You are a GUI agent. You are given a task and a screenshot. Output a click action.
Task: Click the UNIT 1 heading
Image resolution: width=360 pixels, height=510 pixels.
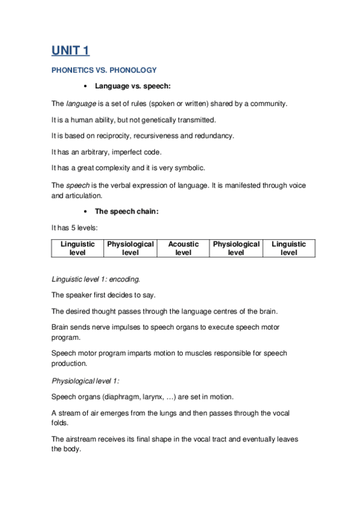70,51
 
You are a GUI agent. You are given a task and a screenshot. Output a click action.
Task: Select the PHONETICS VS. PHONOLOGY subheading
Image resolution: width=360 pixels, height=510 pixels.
104,70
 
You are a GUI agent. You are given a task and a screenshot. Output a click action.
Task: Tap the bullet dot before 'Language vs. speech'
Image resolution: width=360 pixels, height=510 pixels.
88,87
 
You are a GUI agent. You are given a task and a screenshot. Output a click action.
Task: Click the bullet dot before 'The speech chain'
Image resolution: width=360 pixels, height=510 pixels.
88,212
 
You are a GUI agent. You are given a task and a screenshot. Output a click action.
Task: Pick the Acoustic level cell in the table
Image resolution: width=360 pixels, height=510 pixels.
183,248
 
